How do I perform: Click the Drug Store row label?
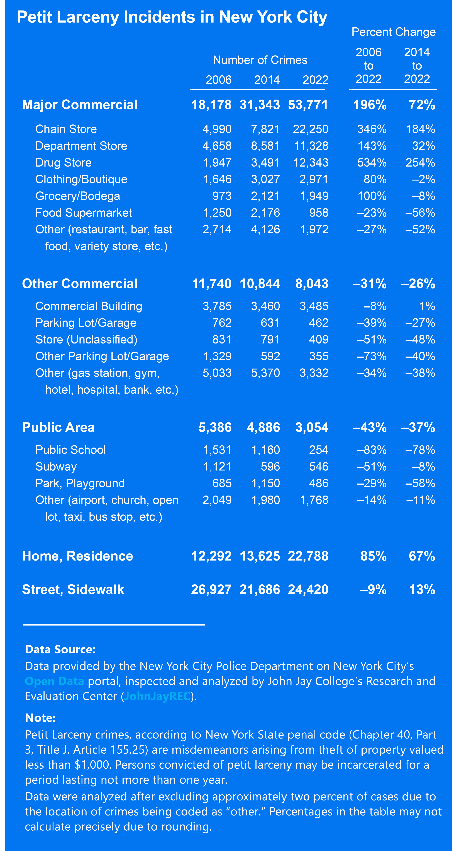[63, 163]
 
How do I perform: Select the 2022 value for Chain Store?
[311, 129]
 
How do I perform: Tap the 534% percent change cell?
[372, 163]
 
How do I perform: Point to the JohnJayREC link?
[157, 696]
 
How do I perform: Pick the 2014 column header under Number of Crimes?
[267, 80]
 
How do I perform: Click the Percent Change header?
[394, 32]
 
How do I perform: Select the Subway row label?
[56, 467]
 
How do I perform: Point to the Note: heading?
[40, 718]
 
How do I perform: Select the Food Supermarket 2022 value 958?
[319, 213]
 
